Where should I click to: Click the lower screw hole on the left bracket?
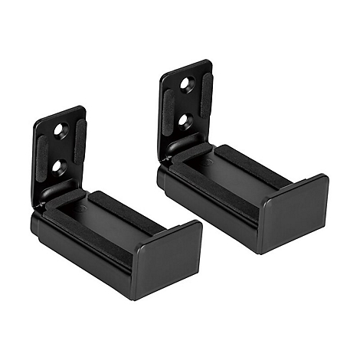point(57,165)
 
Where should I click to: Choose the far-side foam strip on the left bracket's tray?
point(123,207)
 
